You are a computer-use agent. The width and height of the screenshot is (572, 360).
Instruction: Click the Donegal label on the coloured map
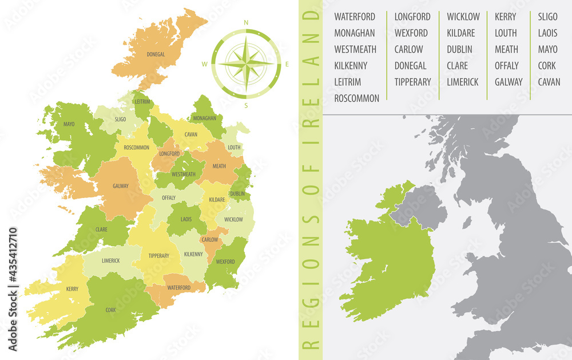156,55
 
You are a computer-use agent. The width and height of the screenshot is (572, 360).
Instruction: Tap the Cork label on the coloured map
110,310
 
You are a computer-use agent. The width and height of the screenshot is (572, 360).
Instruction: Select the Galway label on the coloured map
121,186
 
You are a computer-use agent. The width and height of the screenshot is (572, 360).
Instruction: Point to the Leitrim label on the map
142,102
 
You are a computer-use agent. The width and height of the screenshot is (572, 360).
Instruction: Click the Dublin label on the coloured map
238,194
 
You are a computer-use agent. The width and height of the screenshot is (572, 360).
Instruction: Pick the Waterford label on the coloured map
178,288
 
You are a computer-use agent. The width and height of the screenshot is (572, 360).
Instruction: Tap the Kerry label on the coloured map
72,289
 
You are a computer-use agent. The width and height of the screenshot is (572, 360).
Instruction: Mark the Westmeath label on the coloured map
183,174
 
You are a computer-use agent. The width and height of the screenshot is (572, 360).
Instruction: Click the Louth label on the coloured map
234,147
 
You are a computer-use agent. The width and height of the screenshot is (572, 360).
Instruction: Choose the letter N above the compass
246,23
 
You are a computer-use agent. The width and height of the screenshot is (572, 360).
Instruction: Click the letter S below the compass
246,105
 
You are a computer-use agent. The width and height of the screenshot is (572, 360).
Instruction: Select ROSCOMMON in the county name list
356,98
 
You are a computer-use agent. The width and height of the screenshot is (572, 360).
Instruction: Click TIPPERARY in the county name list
412,82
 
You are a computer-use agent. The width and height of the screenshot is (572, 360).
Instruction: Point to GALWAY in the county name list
509,82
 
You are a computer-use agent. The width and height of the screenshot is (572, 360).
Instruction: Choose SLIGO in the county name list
547,17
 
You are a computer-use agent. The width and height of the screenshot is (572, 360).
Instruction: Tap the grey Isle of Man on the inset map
467,222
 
